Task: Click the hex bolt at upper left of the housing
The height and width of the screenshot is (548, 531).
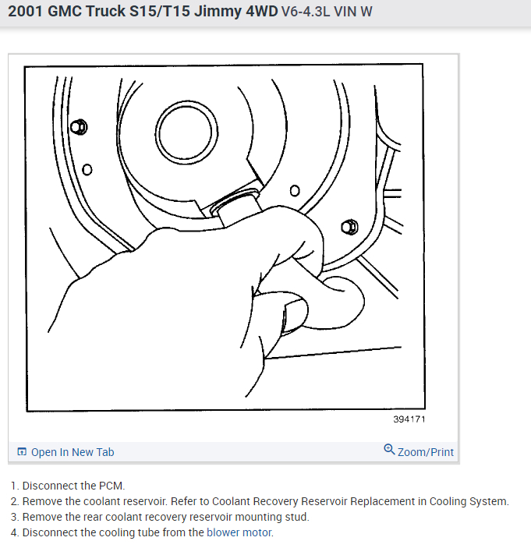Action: click(79, 127)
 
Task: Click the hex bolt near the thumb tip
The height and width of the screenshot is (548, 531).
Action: click(349, 227)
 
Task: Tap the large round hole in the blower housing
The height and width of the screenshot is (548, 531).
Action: click(186, 133)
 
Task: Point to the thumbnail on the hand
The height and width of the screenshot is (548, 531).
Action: click(295, 316)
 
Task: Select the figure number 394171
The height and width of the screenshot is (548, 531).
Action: click(409, 419)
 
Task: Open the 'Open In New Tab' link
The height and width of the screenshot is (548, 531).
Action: click(73, 452)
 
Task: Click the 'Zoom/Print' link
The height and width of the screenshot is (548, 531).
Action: click(426, 452)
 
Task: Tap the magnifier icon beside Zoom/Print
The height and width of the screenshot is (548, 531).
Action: click(389, 449)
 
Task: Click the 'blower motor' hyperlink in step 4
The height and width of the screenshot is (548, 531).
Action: click(239, 532)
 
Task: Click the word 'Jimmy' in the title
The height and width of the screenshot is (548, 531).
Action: click(218, 11)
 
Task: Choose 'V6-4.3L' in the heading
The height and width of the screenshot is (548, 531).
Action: click(306, 12)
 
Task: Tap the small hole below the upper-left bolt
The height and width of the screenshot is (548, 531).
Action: click(87, 170)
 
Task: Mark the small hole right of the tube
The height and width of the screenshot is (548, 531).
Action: click(295, 190)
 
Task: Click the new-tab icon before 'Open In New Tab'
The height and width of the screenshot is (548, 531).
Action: click(22, 451)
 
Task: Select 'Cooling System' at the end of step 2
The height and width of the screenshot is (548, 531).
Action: click(468, 501)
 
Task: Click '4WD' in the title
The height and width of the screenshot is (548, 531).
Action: click(261, 11)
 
